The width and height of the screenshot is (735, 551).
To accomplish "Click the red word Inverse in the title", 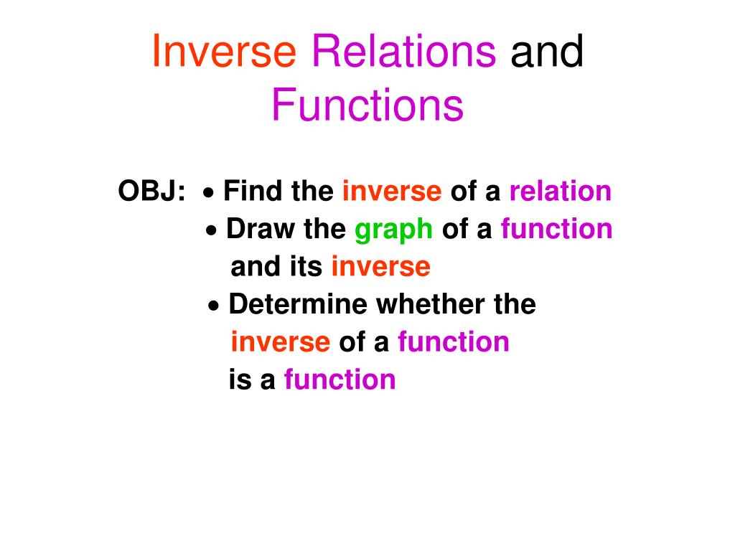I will [223, 53].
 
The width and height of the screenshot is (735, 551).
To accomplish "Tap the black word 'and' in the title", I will [547, 53].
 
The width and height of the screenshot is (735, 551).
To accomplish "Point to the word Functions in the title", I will [367, 105].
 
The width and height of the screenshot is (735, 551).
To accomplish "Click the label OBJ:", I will [151, 192].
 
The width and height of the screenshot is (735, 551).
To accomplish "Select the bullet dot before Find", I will [208, 193].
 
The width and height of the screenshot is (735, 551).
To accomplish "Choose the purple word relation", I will [560, 192].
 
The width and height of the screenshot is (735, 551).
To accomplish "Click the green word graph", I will [394, 230].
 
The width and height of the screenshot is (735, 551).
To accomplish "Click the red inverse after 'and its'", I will [380, 267].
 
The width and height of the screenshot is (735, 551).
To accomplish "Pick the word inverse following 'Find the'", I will [392, 192].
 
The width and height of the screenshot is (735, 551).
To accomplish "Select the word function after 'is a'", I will [340, 380].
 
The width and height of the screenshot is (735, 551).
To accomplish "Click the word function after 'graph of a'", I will [556, 230].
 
